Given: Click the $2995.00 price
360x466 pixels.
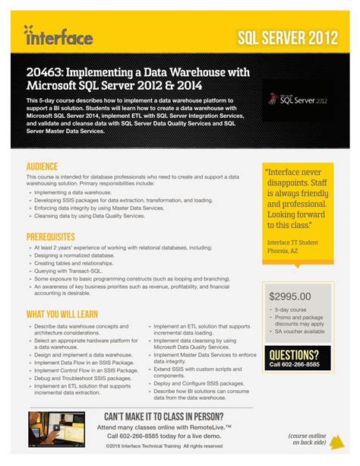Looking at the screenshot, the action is pos(290,296).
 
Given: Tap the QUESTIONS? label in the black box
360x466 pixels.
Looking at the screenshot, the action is pos(294,354).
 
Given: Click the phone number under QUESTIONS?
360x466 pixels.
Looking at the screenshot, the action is pos(294,365).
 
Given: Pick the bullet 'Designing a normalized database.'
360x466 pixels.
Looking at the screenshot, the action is pos(74,256).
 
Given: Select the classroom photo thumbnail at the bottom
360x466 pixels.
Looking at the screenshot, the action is pos(57,430).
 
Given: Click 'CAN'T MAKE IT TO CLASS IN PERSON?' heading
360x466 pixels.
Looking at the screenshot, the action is pos(163,417).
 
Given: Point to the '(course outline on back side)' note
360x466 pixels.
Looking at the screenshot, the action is pos(308,438).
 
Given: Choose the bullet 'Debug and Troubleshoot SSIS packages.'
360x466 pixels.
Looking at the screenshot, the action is pos(83,378).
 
